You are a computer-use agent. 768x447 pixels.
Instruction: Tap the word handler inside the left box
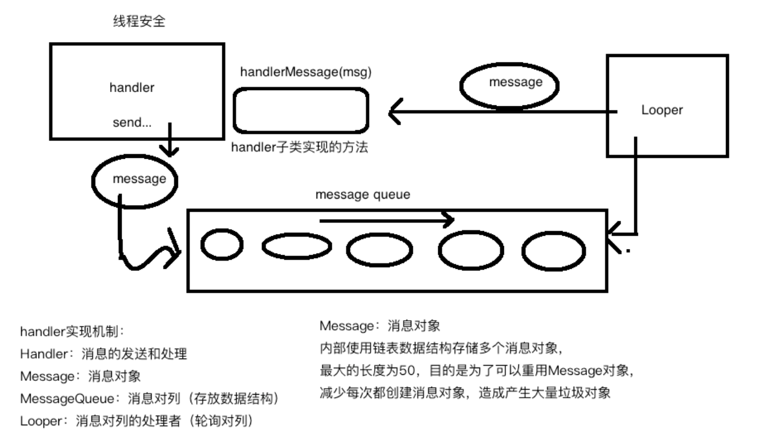pos(132,88)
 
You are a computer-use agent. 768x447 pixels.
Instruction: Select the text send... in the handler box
pos(132,123)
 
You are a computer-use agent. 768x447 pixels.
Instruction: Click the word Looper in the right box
pos(663,111)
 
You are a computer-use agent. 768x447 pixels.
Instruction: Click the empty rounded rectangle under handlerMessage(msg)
pos(301,111)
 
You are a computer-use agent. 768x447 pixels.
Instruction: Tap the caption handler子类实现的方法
pos(300,149)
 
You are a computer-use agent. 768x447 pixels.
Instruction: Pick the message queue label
pos(363,195)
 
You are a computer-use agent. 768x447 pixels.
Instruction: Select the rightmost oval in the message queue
pos(553,251)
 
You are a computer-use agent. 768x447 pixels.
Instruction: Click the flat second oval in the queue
pos(297,247)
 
